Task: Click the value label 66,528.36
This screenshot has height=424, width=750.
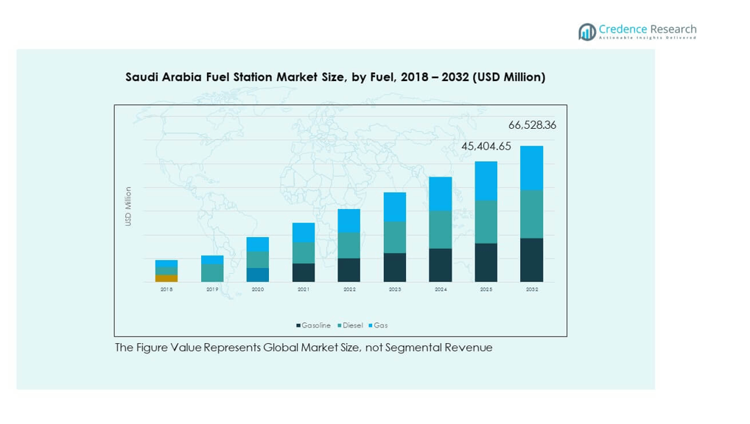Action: [x=532, y=125]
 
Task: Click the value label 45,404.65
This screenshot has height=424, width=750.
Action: [x=486, y=146]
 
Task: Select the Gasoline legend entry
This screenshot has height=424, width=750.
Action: [x=314, y=325]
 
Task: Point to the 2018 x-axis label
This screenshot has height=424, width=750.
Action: [x=167, y=290]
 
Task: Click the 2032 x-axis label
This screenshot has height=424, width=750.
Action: [x=532, y=290]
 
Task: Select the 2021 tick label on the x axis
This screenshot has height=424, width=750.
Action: [x=304, y=290]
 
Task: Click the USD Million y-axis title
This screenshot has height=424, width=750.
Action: [x=128, y=206]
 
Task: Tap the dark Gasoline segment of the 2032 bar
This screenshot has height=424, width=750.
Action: [x=532, y=260]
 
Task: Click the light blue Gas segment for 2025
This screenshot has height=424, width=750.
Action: [x=486, y=181]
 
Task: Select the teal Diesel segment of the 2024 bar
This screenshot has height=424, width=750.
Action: [x=441, y=230]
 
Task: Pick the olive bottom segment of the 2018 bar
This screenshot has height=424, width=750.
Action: [x=167, y=278]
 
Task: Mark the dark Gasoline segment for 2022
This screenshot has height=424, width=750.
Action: [x=349, y=270]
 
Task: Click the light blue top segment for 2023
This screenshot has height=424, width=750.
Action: [x=395, y=207]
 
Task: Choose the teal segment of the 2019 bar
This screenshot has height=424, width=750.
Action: [x=212, y=273]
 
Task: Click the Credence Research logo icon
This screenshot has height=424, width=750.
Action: [x=587, y=32]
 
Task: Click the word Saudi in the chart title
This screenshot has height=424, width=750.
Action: [x=141, y=77]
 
